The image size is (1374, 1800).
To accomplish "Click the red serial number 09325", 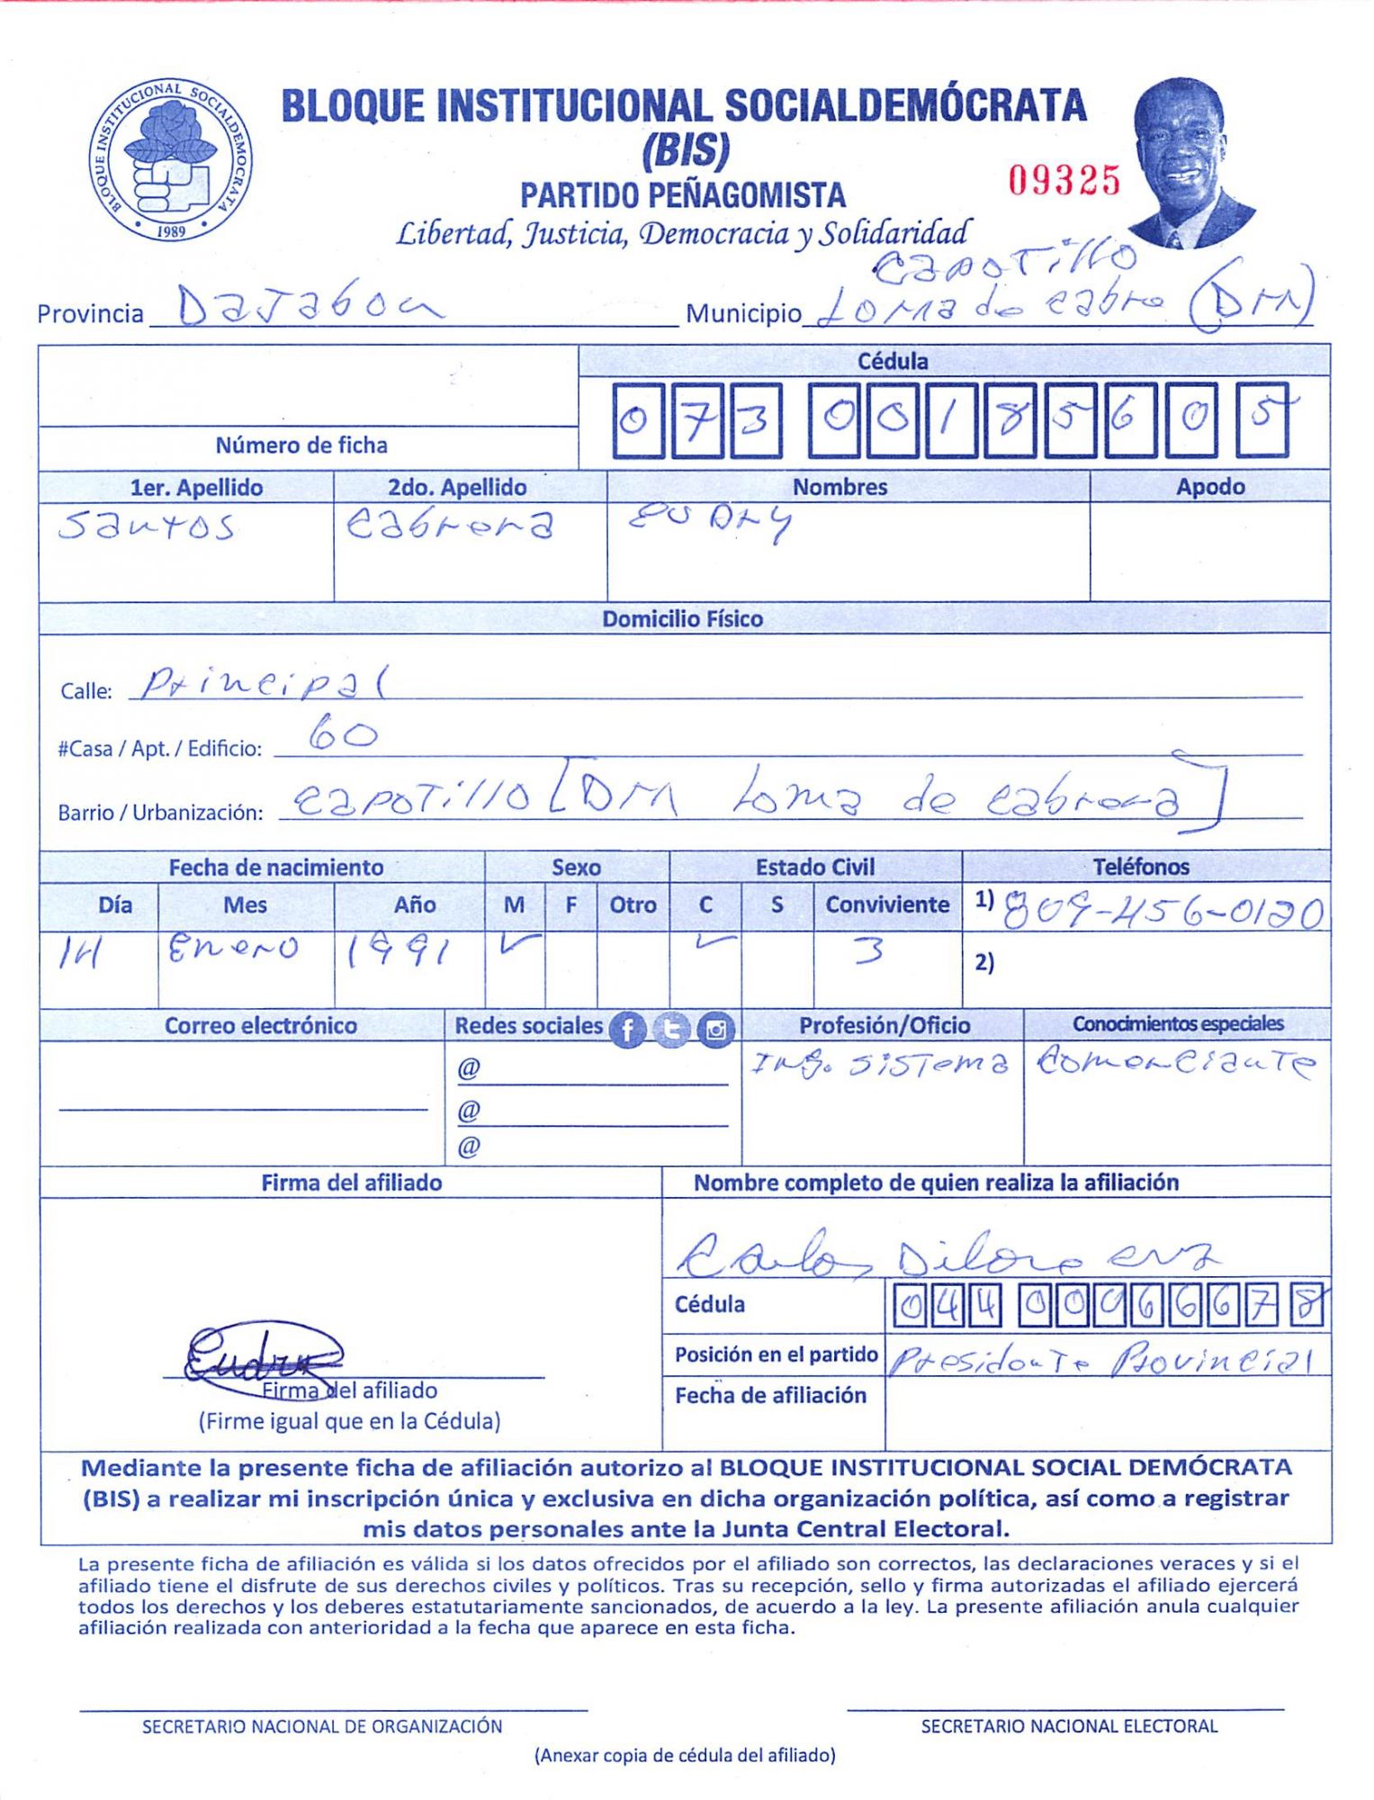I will (1064, 181).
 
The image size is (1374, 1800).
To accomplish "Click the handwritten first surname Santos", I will (147, 526).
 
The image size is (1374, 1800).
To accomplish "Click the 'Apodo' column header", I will (1209, 487).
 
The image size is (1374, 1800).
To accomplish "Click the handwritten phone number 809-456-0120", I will (1163, 913).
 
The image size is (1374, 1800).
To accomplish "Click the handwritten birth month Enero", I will (233, 948).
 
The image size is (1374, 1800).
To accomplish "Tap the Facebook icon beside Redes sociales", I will (628, 1029).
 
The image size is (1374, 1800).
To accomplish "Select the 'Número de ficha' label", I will (301, 445).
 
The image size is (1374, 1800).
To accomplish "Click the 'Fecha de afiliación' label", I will (770, 1395).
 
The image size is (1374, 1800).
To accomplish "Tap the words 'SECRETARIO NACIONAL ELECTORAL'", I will (1068, 1725).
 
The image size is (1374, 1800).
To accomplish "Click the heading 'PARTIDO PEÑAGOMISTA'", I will (683, 195).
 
